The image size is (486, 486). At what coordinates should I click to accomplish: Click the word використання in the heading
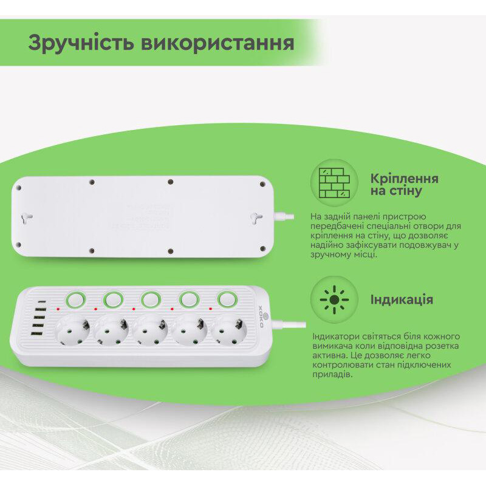point(226,43)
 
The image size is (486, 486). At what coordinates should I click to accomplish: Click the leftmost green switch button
point(75,299)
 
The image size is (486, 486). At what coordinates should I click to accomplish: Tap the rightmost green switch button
point(227,299)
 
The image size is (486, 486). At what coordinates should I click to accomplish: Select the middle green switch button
point(151,299)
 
